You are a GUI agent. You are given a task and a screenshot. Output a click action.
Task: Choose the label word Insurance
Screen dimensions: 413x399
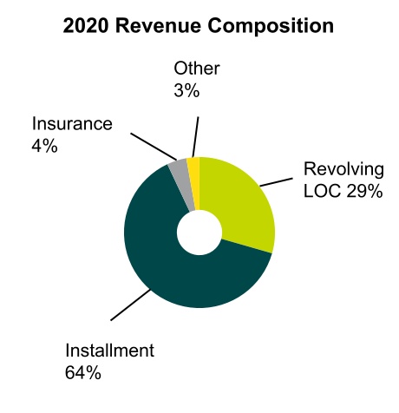tap(71, 123)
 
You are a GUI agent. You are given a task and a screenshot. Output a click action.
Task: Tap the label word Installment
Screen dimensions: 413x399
tap(109, 351)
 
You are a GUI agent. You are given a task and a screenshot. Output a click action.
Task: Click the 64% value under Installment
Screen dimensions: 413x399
tap(84, 374)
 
